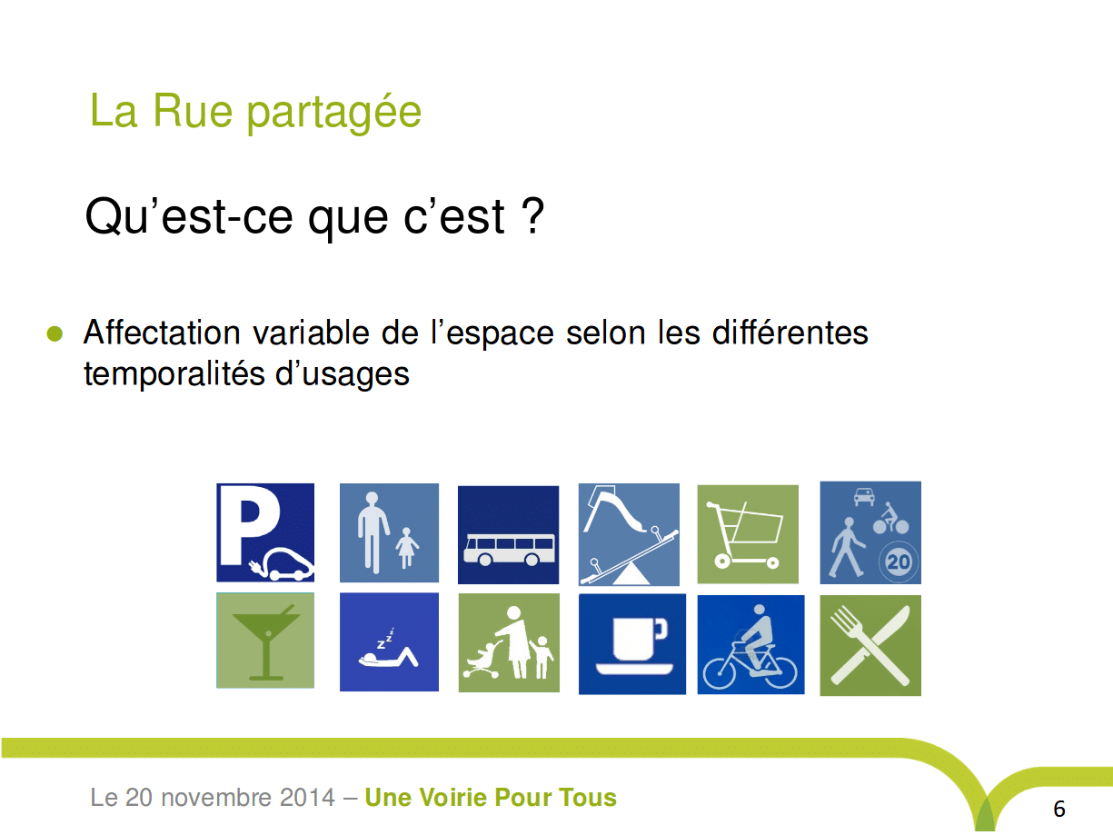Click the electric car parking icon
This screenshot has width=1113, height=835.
(265, 532)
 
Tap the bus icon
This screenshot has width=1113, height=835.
(509, 535)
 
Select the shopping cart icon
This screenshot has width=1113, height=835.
(748, 534)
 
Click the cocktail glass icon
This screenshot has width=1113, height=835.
(265, 641)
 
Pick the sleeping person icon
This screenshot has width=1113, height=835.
(389, 641)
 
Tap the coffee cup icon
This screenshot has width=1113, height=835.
(632, 644)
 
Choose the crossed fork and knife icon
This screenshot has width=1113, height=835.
(870, 645)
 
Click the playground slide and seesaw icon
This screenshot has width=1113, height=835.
(629, 534)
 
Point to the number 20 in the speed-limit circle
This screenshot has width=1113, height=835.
(898, 562)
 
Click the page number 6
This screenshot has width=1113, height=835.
(1059, 810)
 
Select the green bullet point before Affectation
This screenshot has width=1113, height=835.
(55, 333)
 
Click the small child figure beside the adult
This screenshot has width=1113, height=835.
(406, 548)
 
